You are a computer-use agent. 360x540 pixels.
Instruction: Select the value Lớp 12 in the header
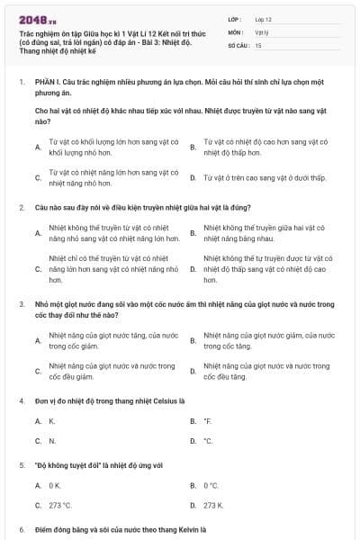(x=263, y=18)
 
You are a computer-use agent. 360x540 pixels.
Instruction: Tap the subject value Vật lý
(x=262, y=31)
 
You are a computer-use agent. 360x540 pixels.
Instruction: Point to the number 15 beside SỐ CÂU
(x=258, y=44)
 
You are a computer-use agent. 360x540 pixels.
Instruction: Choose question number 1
(x=21, y=81)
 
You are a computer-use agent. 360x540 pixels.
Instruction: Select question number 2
(x=21, y=207)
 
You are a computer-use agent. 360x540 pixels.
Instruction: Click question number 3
(x=21, y=306)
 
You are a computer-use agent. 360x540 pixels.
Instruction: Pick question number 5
(x=21, y=465)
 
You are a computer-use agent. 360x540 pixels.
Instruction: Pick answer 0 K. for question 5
(x=55, y=485)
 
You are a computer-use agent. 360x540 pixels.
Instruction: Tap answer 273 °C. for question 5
(x=60, y=505)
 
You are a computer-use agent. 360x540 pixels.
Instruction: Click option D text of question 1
(x=261, y=178)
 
